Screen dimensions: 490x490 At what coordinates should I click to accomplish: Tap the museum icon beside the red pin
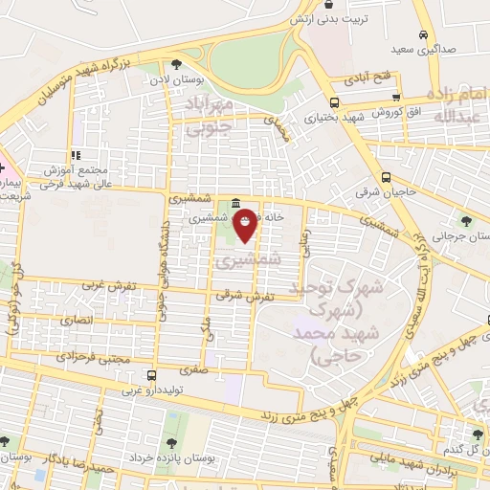click(x=235, y=203)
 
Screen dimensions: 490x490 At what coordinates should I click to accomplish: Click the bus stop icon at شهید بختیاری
click(x=333, y=102)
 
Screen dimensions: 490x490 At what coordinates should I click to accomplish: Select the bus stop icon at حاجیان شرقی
click(x=386, y=177)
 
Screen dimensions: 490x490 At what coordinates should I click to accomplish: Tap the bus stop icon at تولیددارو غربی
click(x=149, y=375)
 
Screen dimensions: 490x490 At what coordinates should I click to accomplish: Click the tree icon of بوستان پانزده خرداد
click(x=170, y=442)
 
